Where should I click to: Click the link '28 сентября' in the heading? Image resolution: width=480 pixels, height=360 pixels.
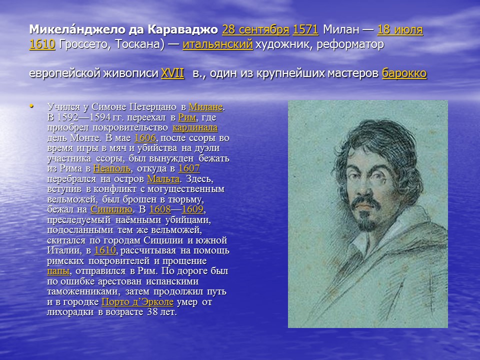[255, 30]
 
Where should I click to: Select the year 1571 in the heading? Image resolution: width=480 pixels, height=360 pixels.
[305, 30]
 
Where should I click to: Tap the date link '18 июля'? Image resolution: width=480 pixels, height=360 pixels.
[400, 30]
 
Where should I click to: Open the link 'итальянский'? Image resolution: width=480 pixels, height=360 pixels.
[217, 44]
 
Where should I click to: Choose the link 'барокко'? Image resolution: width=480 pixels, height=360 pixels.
[404, 73]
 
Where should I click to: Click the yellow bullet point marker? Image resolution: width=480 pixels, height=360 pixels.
[32, 105]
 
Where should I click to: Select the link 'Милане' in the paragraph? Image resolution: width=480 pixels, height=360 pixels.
[205, 107]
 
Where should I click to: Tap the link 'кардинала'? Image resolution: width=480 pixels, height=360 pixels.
[194, 127]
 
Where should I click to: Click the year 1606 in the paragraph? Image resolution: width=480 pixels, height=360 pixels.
[145, 138]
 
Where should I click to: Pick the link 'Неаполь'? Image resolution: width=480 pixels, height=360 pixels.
[112, 168]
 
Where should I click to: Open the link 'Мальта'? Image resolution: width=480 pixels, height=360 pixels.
[163, 179]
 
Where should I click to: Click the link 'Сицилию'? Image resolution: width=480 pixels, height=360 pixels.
[111, 209]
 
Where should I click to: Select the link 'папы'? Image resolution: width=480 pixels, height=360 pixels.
[58, 271]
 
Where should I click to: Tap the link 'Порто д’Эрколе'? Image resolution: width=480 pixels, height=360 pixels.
[137, 302]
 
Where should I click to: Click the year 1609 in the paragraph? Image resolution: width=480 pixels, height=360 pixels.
[193, 209]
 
